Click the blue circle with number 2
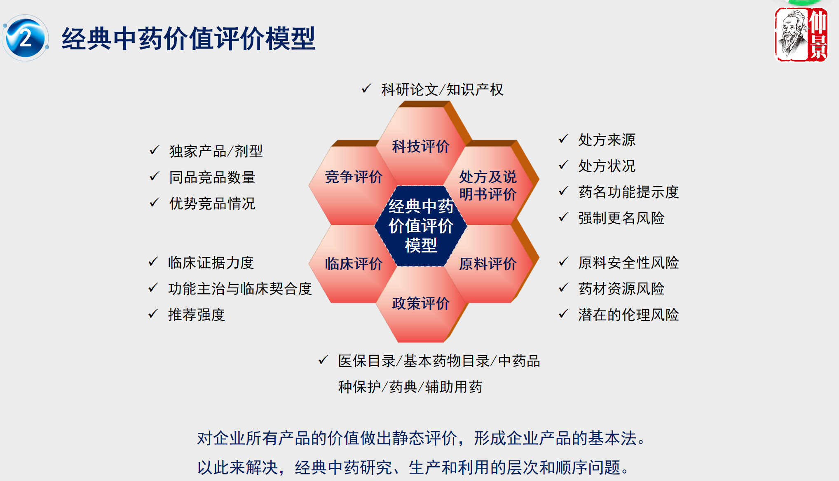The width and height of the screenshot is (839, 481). tap(26, 38)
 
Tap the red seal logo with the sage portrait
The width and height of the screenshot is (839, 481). tap(801, 35)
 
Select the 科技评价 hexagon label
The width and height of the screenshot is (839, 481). tap(421, 146)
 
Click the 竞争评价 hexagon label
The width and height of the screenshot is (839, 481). tap(354, 177)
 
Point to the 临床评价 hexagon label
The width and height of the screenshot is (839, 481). tap(354, 264)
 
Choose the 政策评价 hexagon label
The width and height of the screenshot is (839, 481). tap(421, 303)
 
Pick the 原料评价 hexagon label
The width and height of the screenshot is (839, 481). tap(488, 264)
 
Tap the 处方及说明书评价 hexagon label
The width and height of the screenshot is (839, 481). tap(488, 185)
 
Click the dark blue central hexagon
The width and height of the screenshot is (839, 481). tap(421, 226)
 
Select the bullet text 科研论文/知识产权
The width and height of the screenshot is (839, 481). tap(442, 89)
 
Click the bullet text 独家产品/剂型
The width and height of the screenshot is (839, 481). tap(216, 151)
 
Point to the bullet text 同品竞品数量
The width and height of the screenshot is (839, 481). tap(212, 177)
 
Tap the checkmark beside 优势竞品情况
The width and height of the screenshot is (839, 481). tap(154, 202)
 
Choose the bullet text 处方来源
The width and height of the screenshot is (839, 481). tap(607, 140)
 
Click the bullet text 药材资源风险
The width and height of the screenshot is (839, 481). tap(621, 288)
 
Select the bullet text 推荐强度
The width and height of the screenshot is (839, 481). tap(197, 315)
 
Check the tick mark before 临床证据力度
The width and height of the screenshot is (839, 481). tap(153, 262)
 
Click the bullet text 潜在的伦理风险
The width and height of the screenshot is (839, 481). tap(628, 315)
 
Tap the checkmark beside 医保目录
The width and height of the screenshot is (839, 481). tap(323, 360)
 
